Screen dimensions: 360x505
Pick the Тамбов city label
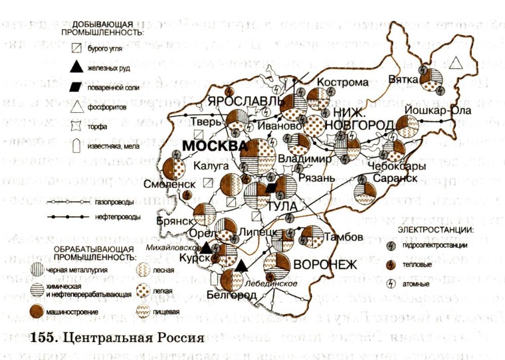tap(343, 237)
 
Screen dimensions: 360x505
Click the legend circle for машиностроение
tap(37, 311)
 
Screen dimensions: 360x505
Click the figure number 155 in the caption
tap(43, 335)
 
